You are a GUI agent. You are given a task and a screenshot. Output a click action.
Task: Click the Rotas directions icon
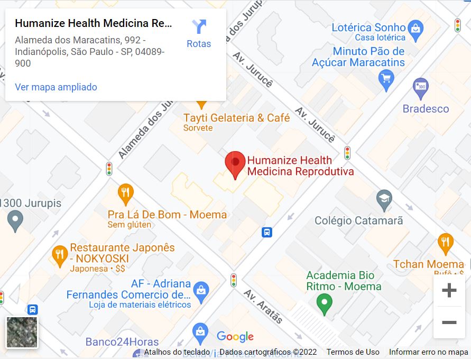point(199,27)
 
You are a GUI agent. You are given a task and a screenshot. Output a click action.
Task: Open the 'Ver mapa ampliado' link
point(56,87)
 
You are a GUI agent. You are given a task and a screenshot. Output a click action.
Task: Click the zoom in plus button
point(449,290)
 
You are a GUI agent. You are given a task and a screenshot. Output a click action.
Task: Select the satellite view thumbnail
point(22,332)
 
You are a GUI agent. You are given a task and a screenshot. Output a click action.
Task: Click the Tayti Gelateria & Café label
point(236,118)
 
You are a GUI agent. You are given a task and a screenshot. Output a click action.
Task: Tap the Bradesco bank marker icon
point(421,88)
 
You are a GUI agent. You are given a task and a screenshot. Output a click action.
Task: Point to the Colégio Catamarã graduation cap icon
point(384,199)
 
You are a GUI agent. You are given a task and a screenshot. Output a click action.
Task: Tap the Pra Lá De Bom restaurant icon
point(125,193)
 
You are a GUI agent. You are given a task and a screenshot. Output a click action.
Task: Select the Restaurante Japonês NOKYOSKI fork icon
point(59,256)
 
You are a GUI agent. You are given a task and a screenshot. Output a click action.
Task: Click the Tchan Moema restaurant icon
point(446,243)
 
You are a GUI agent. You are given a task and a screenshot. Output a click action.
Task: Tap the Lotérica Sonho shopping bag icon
point(415,27)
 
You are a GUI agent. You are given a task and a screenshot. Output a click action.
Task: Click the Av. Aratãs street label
point(263,307)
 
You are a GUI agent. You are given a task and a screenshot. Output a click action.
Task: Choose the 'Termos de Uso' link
point(353,352)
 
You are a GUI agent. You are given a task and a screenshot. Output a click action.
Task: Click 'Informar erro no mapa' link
point(428,352)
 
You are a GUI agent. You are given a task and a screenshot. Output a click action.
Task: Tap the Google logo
point(235,337)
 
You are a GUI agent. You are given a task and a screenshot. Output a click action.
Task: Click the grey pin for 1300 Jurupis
point(15,220)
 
